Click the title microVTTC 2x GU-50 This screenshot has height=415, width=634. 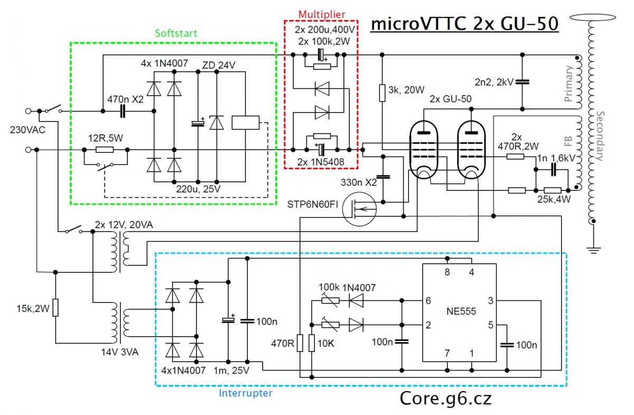[464, 24]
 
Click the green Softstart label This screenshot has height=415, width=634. [176, 33]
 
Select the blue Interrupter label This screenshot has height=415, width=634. [245, 393]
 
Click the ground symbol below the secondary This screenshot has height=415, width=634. [594, 248]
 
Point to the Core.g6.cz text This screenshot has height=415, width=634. [445, 398]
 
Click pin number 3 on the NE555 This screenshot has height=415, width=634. [490, 301]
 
